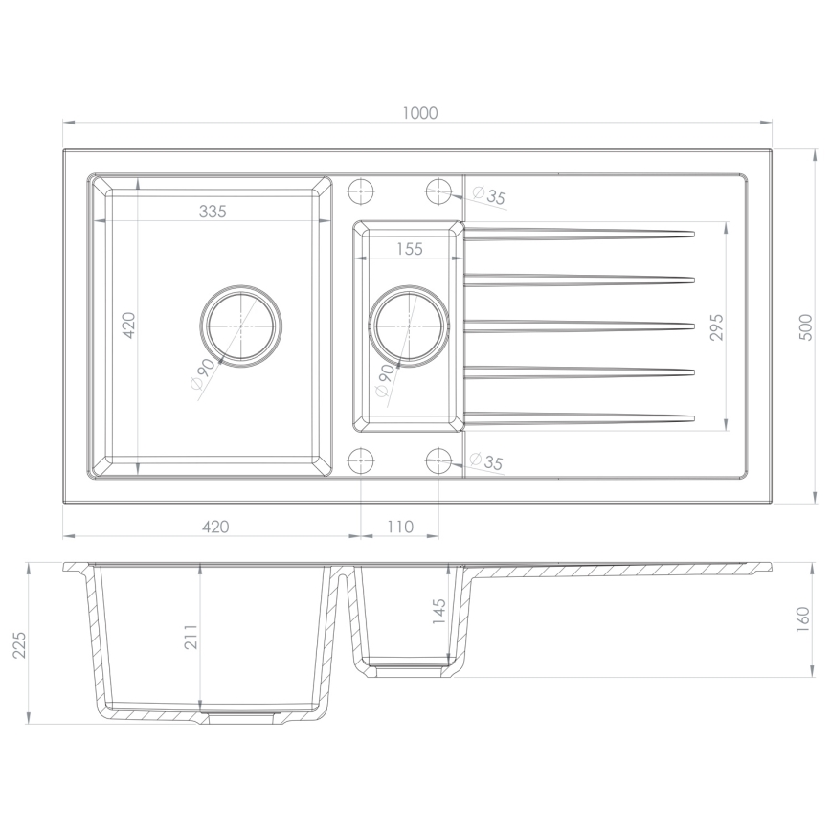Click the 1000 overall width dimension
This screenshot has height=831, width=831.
(419, 113)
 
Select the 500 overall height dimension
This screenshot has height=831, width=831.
(805, 326)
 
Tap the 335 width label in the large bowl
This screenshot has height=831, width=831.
(213, 213)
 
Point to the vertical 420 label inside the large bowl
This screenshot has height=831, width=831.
(130, 326)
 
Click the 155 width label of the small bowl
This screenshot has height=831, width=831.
(409, 249)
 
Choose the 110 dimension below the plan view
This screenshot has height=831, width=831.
(400, 526)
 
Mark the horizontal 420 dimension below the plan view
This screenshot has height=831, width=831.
(213, 526)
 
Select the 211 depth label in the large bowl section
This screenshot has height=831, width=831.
(190, 637)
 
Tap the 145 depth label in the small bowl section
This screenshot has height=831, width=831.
(439, 611)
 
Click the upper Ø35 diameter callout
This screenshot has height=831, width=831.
(490, 196)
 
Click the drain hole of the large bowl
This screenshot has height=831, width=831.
(241, 326)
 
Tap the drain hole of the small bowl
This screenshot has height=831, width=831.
(409, 326)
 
